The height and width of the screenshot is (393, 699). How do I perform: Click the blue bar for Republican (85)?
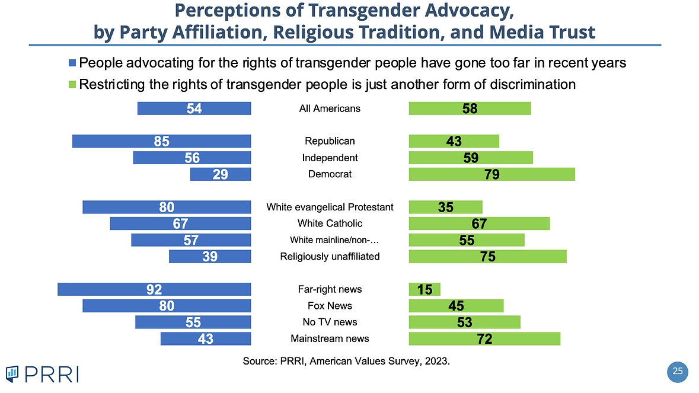pos(161,141)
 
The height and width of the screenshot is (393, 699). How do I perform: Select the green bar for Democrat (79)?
pos(491,174)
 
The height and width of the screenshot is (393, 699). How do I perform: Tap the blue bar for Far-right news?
pos(154,289)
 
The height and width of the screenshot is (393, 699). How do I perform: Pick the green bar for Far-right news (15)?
pos(424,289)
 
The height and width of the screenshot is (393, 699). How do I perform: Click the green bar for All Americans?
pos(470,108)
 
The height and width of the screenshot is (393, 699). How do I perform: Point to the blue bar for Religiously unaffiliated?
pos(210,256)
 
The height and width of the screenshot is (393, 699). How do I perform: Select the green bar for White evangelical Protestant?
pos(445,207)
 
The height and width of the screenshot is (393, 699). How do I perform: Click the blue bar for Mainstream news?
pos(206,338)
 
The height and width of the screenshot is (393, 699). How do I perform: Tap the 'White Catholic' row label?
pos(330,223)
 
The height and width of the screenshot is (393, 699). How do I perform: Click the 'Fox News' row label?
pos(330,306)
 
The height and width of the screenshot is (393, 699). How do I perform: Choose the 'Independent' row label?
pos(330,158)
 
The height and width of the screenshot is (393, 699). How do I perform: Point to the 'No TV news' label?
pos(330,322)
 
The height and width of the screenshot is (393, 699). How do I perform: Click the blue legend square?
pos(73,63)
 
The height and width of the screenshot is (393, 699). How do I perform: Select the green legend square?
pos(73,84)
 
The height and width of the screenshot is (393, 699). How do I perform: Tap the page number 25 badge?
pos(678,372)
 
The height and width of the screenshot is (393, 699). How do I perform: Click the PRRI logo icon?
pos(14,373)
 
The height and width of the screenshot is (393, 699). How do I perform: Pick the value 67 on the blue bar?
pos(181,223)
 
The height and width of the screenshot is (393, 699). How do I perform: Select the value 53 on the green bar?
pos(464,322)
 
